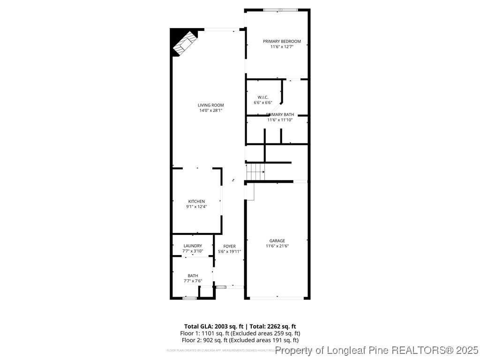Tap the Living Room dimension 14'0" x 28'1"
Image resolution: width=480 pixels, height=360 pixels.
point(210,111)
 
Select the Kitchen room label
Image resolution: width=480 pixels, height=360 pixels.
point(196,201)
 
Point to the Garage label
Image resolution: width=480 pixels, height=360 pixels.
point(277,241)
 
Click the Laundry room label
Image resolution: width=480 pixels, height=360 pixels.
point(193,246)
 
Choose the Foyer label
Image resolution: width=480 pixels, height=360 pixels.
point(229,246)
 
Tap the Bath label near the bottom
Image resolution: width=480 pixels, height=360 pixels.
point(193,276)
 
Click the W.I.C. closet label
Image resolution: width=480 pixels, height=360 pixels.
point(262,97)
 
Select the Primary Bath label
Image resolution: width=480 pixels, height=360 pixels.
point(280,114)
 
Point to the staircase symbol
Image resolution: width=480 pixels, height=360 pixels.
point(255,172)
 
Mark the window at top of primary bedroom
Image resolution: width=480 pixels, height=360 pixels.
point(279,10)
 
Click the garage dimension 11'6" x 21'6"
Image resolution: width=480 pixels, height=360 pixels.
point(277,246)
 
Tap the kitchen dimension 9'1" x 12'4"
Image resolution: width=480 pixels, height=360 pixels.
point(196,206)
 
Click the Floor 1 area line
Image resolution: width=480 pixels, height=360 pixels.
point(240,333)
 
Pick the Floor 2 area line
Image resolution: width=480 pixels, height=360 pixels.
point(240,340)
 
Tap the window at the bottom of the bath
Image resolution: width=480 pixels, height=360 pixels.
point(189,298)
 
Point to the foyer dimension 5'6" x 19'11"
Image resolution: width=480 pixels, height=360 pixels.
point(229,251)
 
